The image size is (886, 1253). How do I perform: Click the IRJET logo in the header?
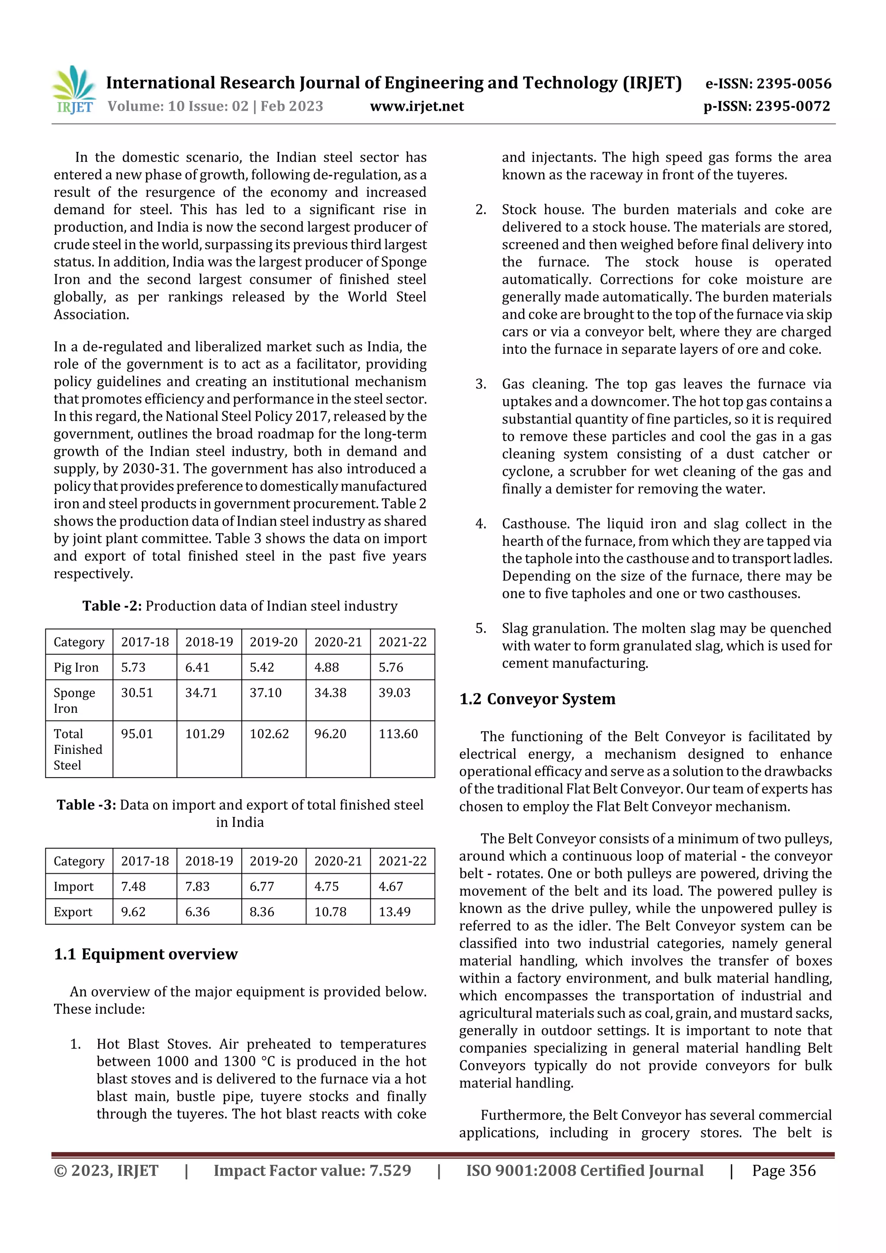tap(74, 90)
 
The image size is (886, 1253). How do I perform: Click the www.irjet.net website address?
tap(417, 106)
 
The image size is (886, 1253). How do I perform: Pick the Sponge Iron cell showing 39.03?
tap(394, 692)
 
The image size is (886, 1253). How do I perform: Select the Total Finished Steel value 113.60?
tap(398, 734)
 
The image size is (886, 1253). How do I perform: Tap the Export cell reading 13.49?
tap(394, 911)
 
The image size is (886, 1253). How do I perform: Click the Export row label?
tap(73, 912)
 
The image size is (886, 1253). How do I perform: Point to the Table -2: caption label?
tap(112, 606)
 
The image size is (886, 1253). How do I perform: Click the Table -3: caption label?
tap(86, 805)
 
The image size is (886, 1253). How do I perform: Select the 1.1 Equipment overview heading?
tap(146, 954)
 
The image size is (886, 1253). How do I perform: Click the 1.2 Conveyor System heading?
tap(537, 699)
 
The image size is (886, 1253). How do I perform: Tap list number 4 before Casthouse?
tap(480, 524)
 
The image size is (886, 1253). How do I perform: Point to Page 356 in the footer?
tap(783, 1170)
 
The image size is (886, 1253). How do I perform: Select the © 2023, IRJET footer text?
tap(106, 1170)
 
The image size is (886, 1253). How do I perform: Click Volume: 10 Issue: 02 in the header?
tap(178, 106)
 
